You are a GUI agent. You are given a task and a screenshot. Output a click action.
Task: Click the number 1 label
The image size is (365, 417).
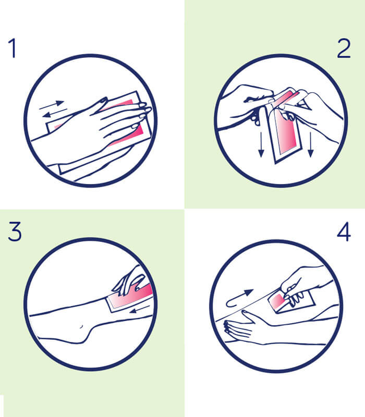coord(13,48)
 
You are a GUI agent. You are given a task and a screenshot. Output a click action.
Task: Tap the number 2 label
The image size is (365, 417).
coord(344,48)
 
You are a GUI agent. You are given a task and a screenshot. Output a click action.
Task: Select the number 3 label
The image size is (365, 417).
coord(15,231)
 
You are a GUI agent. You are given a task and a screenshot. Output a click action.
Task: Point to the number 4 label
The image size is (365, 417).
coord(344,232)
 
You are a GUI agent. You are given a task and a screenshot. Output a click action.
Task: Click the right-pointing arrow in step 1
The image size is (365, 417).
coord(52,105)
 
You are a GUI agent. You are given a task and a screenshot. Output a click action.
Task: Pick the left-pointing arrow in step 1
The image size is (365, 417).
coord(55,113)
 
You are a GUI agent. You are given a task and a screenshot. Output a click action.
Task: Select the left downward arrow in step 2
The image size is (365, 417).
coord(261,145)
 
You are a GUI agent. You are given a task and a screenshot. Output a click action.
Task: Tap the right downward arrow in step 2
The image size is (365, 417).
coord(310,145)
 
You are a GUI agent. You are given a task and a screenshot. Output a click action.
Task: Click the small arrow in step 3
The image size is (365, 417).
coord(141,309)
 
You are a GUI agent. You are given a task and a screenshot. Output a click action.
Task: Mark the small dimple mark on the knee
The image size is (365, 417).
coord(81,326)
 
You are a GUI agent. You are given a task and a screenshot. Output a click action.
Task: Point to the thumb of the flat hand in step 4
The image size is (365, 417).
coord(247,316)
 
